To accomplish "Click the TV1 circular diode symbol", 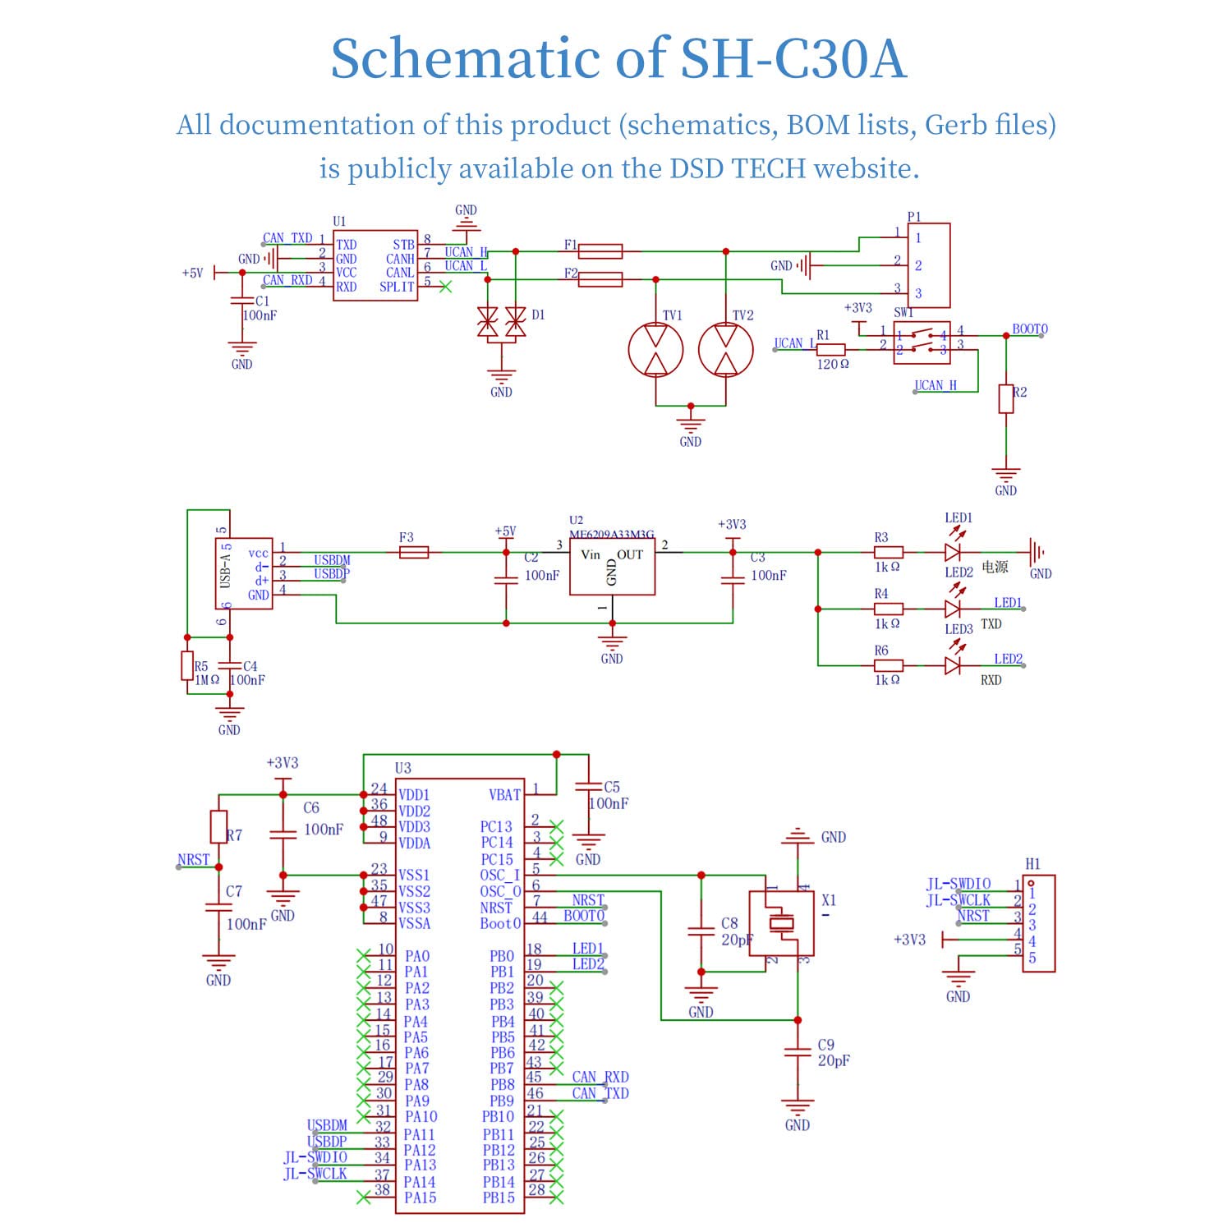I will click(x=655, y=350).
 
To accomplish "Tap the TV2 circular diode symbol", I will click(x=725, y=350).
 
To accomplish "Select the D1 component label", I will click(x=538, y=315).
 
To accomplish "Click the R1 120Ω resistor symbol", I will click(x=831, y=350).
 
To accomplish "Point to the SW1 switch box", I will click(x=922, y=342).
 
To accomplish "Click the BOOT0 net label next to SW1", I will click(x=1029, y=329).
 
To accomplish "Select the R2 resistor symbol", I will click(x=1006, y=398).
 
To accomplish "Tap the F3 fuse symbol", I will click(x=413, y=553).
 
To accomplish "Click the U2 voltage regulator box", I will click(x=612, y=568).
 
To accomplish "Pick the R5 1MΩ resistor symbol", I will click(x=187, y=666).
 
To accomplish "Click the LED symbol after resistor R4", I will click(x=953, y=609).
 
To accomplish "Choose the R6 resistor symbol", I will click(x=889, y=665).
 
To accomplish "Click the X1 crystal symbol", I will click(x=782, y=923).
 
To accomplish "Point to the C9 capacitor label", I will click(x=825, y=1045).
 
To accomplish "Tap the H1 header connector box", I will click(x=1038, y=924).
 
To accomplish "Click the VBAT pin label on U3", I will click(x=504, y=795).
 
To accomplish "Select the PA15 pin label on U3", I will click(x=420, y=1198).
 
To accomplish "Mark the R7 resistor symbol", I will click(x=218, y=826).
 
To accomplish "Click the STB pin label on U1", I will click(x=403, y=245).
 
